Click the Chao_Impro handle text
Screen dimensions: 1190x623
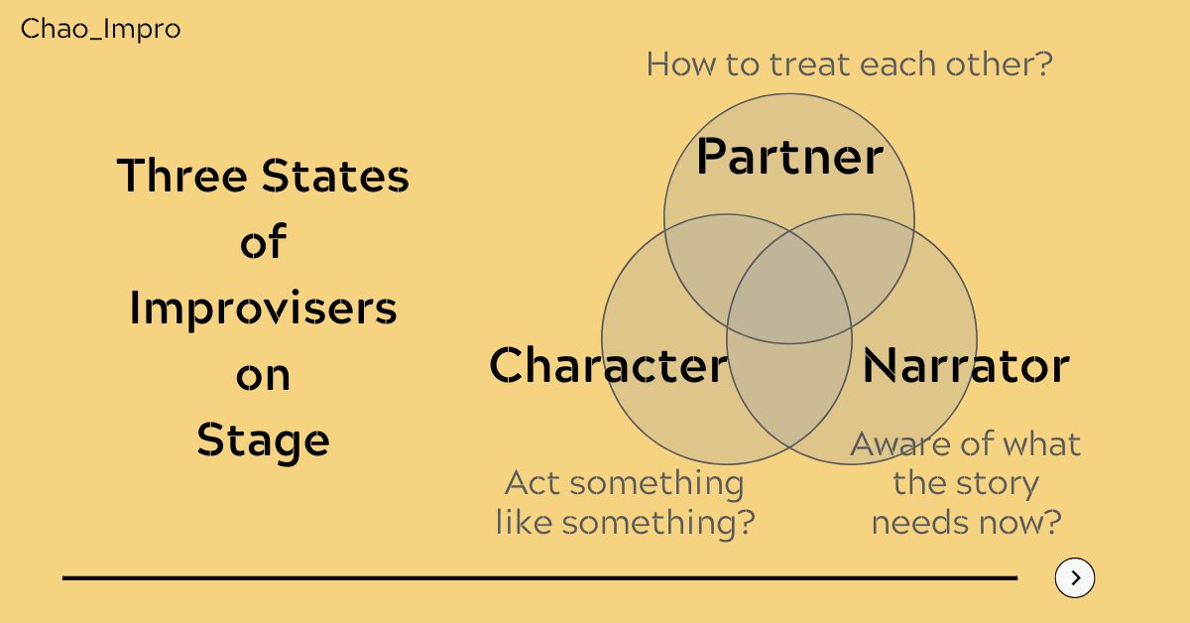100,30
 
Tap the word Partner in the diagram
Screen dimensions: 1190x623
789,157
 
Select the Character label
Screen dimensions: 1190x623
608,365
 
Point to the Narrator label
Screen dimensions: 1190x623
966,365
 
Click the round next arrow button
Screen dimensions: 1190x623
1075,577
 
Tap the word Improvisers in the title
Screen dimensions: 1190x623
263,309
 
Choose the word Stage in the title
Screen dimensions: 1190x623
263,440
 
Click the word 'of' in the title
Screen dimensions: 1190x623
263,242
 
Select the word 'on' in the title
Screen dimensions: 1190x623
263,375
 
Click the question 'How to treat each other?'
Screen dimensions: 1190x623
849,65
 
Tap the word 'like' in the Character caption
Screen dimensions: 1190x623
525,522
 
